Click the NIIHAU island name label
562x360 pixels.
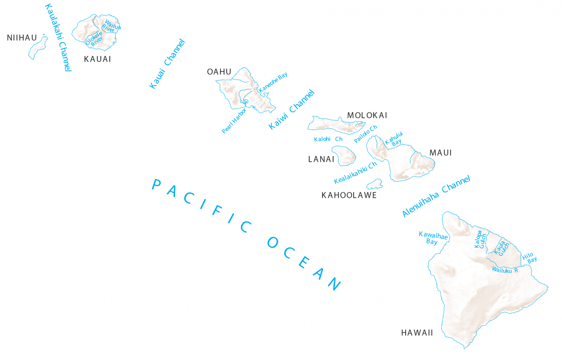22,38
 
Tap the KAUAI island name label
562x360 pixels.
97,59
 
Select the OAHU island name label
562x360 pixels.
219,72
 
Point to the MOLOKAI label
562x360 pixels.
367,116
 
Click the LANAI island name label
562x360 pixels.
321,159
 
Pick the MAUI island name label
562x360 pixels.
440,153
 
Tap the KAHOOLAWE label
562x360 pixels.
349,195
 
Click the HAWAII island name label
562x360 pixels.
417,332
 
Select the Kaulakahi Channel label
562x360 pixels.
58,37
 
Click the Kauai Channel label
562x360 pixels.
167,64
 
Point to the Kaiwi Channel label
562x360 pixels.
291,109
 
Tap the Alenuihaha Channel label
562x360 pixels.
436,196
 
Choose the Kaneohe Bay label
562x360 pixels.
273,82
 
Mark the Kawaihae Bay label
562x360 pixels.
433,238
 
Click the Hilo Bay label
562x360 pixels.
529,257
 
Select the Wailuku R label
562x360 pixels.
505,269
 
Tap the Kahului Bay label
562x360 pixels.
394,139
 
